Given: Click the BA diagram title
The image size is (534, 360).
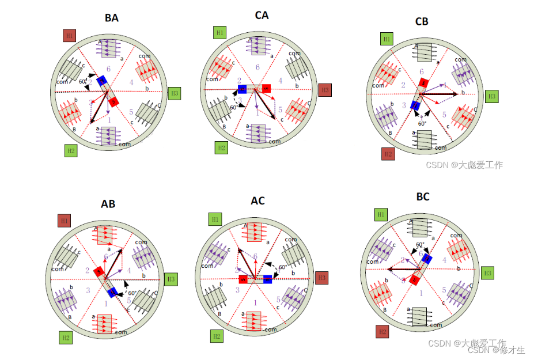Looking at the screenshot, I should click(112, 18).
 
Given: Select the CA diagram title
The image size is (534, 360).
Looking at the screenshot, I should click(262, 15).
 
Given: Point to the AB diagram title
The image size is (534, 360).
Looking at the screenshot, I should click(108, 204).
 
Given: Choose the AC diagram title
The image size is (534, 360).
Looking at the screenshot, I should click(257, 201).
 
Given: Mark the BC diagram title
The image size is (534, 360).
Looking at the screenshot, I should click(423, 197).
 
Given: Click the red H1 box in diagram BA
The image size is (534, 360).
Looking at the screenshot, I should click(70, 35).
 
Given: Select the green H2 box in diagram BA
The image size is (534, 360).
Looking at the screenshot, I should click(71, 151).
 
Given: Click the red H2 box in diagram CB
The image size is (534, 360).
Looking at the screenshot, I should click(388, 154).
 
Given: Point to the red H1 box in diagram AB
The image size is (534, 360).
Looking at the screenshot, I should click(65, 220).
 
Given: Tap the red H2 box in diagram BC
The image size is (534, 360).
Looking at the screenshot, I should click(382, 331).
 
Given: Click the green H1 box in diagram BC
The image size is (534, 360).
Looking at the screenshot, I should click(381, 215).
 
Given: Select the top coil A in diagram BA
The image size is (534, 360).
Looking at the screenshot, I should click(108, 48).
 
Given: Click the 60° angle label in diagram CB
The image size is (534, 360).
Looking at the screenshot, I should click(422, 123).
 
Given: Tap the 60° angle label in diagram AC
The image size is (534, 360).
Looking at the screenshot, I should click(282, 267).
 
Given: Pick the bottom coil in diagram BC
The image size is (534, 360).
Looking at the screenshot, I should click(419, 316).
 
